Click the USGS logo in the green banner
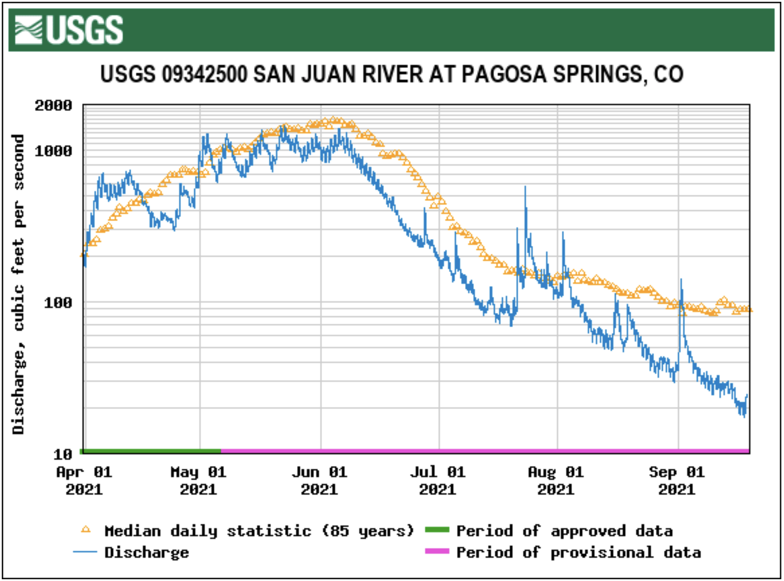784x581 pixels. (x=69, y=30)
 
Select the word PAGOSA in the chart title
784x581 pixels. (x=504, y=74)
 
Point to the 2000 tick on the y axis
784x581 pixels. (x=53, y=106)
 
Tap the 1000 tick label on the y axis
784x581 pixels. (x=53, y=151)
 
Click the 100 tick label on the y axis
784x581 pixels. (x=58, y=303)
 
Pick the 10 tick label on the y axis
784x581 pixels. (x=62, y=454)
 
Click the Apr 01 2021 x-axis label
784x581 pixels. (x=84, y=480)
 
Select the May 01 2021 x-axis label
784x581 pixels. (x=198, y=480)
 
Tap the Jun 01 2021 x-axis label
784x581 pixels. (x=319, y=480)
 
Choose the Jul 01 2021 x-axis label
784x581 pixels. (x=438, y=480)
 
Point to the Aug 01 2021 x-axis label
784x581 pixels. (x=556, y=480)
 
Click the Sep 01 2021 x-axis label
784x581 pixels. (x=677, y=480)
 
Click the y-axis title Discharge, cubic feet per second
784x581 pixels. (x=18, y=284)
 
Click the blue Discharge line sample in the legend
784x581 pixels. (x=85, y=552)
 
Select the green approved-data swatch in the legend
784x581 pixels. (x=437, y=530)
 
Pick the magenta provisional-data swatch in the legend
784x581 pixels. (x=437, y=551)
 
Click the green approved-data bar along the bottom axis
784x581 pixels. (x=150, y=451)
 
